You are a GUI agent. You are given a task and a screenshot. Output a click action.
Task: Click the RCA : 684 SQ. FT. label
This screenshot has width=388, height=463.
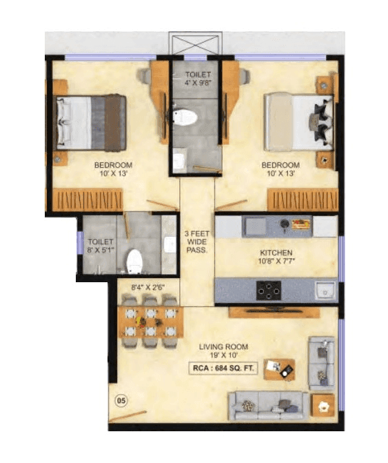(223, 368)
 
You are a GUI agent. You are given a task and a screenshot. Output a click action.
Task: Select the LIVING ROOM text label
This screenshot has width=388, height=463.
(223, 346)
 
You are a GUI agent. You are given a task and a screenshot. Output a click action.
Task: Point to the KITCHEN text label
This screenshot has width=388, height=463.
(276, 253)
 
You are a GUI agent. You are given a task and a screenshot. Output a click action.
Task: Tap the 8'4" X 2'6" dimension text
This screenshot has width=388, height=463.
(147, 286)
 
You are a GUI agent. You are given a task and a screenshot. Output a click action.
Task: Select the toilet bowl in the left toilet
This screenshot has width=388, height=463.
(134, 261)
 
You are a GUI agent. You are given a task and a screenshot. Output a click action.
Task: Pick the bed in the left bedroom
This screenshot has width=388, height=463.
(90, 122)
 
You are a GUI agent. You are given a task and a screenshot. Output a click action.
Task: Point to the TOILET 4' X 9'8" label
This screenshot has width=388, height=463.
(197, 78)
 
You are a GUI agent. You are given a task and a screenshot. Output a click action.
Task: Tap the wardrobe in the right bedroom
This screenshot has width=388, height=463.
(301, 200)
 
